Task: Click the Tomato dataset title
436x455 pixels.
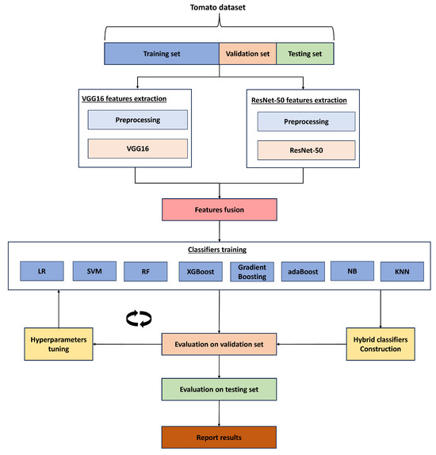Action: click(x=219, y=9)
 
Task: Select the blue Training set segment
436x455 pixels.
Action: click(x=161, y=54)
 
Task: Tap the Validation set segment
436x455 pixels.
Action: click(x=247, y=54)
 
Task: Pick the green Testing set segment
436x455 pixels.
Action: click(x=304, y=54)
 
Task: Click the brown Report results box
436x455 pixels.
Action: click(x=219, y=436)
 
